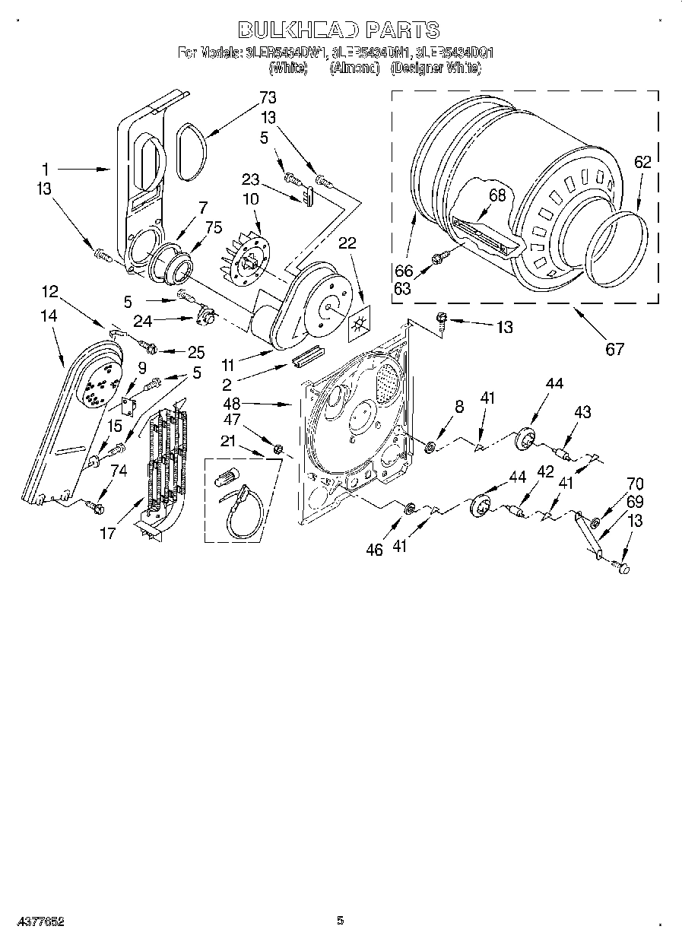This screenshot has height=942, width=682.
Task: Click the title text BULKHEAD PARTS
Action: pyautogui.click(x=339, y=30)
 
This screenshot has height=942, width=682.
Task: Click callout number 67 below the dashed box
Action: pyautogui.click(x=614, y=348)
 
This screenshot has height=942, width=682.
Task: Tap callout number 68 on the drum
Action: pyautogui.click(x=496, y=195)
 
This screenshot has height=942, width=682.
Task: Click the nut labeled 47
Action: pyautogui.click(x=278, y=449)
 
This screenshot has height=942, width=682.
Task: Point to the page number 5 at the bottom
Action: pyautogui.click(x=340, y=921)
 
